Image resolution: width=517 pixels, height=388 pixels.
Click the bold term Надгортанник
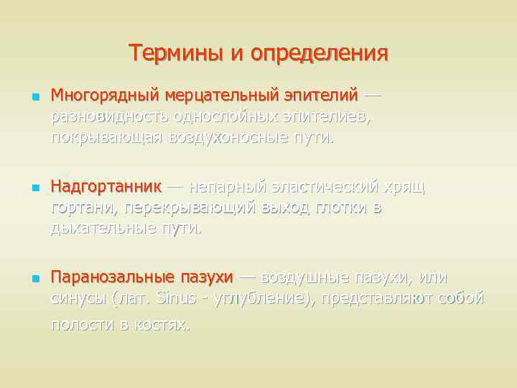(106, 187)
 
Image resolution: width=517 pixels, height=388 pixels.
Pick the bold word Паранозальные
(112, 277)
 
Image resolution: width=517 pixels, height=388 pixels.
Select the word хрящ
(404, 187)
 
